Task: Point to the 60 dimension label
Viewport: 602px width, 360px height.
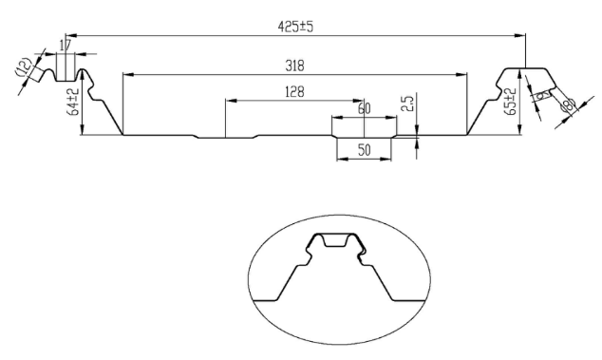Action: (364, 109)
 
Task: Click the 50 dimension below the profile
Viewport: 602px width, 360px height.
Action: (364, 150)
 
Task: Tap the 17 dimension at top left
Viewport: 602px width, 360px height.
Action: (65, 45)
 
